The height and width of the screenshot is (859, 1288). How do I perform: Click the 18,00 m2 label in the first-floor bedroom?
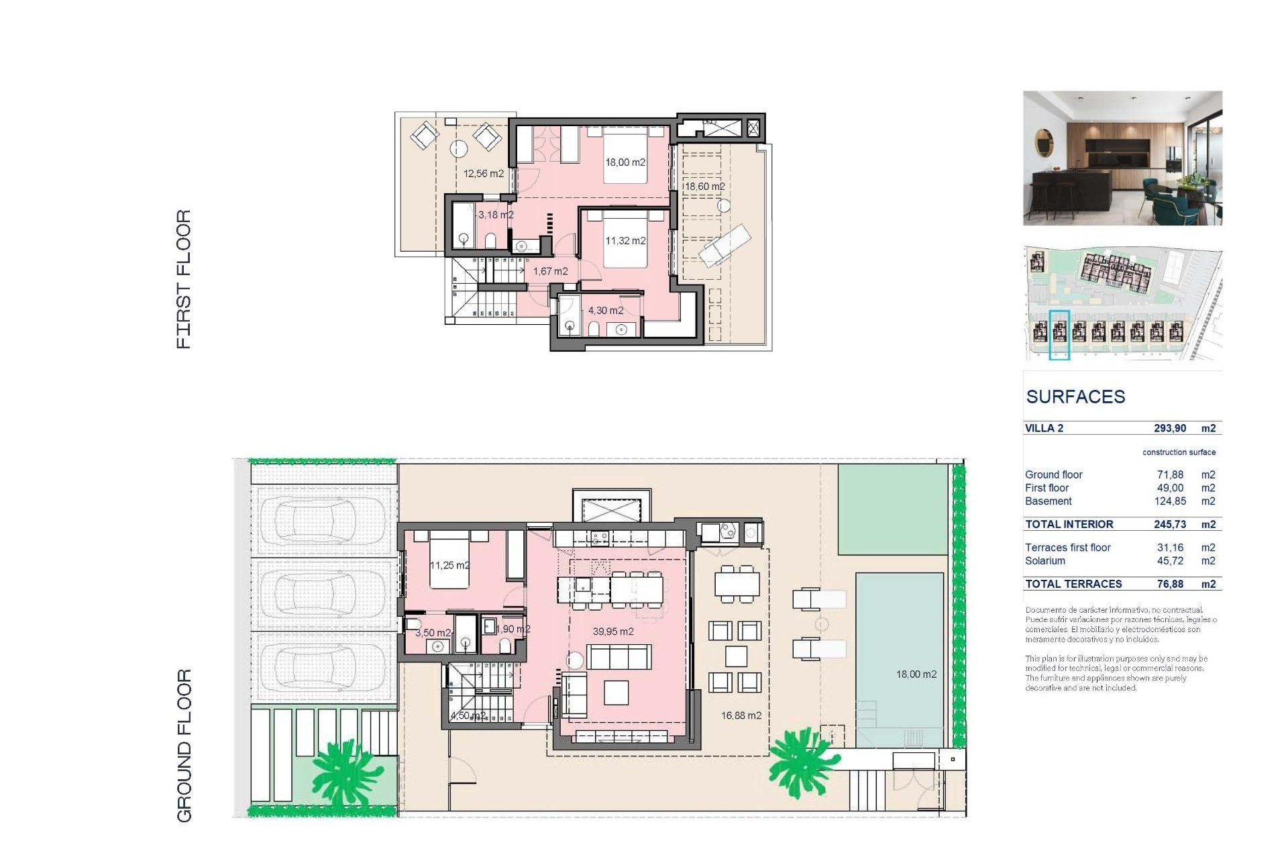click(625, 162)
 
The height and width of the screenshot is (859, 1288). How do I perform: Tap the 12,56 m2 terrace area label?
click(483, 174)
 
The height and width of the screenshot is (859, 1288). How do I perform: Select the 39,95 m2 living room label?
click(612, 631)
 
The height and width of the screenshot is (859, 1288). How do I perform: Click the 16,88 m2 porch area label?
click(741, 715)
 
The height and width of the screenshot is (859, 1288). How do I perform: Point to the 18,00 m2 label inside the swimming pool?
click(916, 674)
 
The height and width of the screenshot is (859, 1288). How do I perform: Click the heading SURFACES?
click(1075, 397)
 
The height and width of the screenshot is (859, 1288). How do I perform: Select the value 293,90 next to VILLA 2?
click(1169, 428)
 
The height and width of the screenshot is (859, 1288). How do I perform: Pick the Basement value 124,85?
click(1169, 501)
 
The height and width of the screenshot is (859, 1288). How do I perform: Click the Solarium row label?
click(1044, 561)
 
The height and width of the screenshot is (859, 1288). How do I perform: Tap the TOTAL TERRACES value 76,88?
click(1169, 584)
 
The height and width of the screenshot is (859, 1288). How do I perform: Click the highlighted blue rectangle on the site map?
click(1059, 335)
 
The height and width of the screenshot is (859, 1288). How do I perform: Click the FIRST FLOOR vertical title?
click(184, 279)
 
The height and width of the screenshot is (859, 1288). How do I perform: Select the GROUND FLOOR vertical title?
click(184, 745)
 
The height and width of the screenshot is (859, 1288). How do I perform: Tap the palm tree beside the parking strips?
click(345, 772)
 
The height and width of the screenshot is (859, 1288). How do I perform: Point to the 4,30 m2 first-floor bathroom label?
click(605, 311)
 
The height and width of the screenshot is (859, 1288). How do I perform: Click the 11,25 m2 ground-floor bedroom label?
click(449, 565)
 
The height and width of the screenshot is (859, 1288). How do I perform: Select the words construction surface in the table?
click(1179, 452)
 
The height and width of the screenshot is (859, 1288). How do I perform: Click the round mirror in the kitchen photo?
click(1044, 142)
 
